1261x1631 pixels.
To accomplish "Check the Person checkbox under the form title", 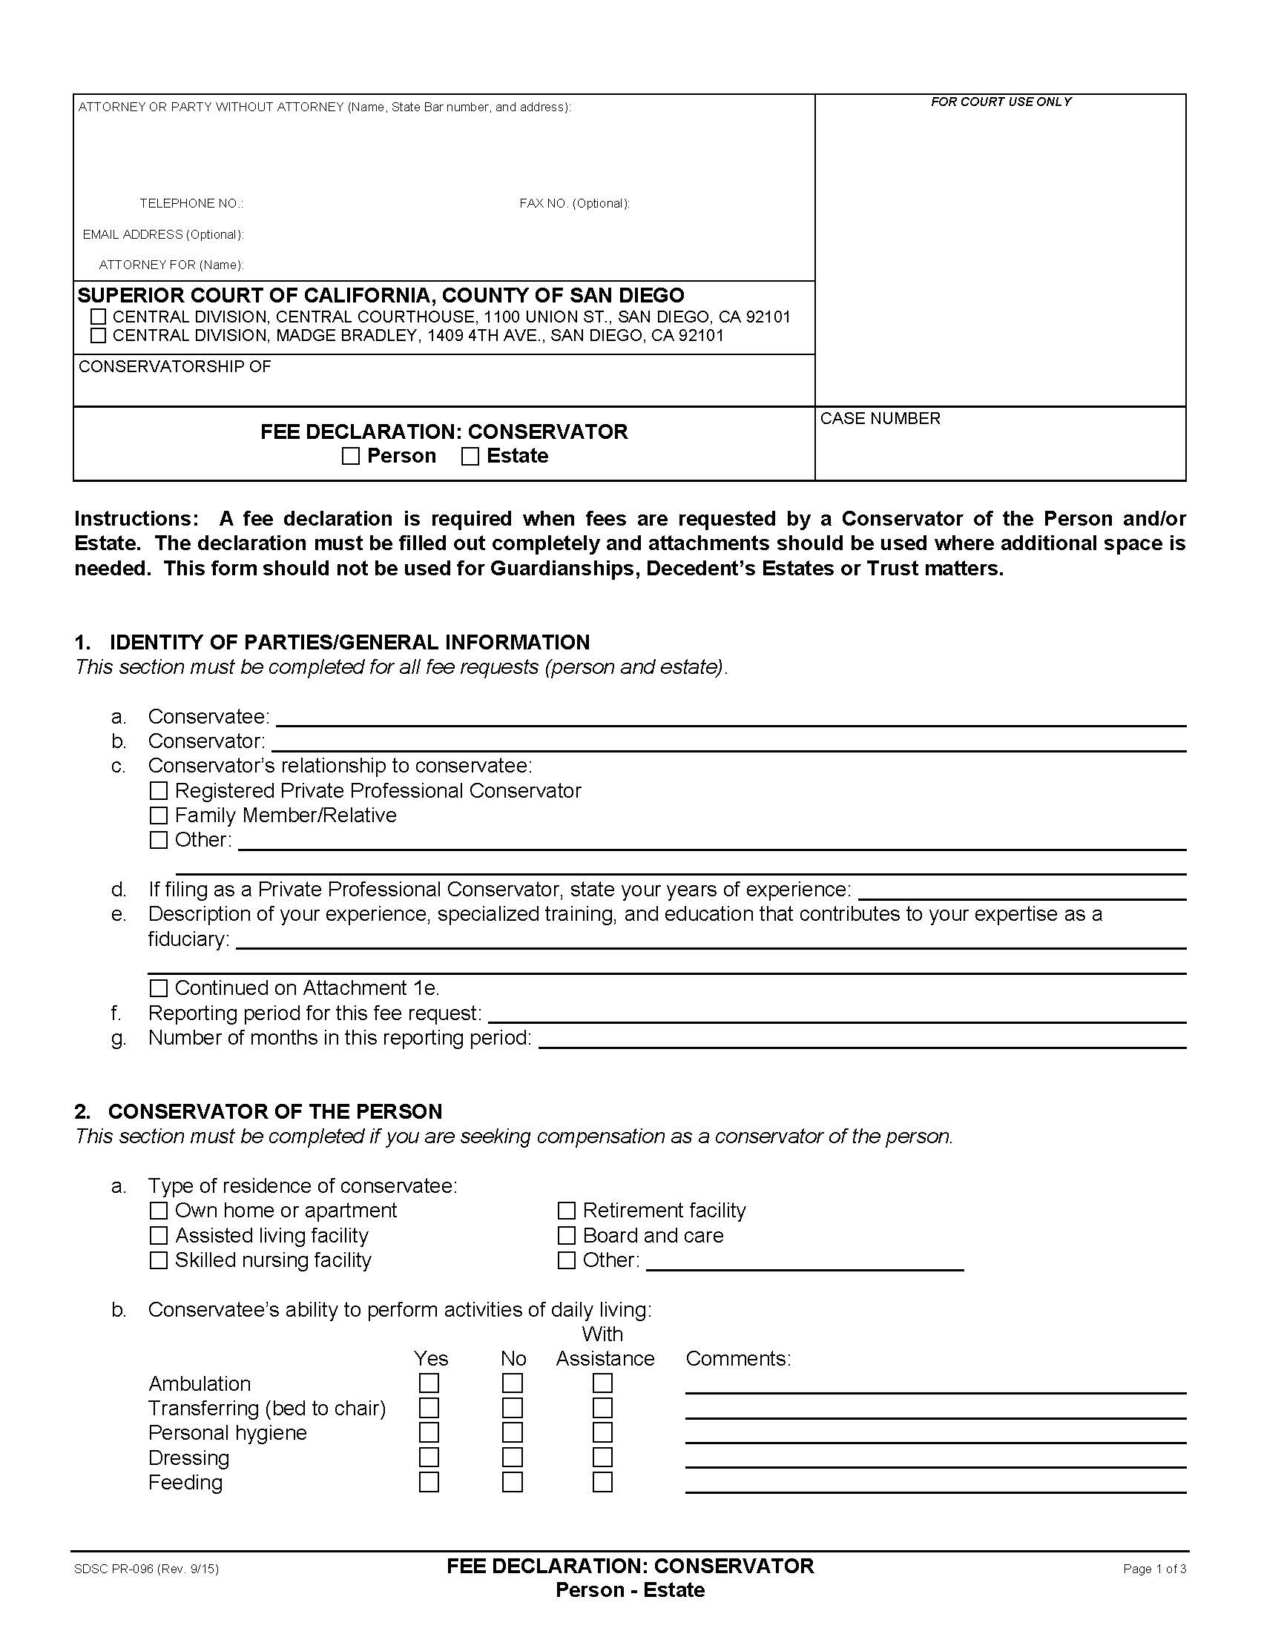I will (350, 456).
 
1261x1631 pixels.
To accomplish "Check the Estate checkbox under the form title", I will (470, 456).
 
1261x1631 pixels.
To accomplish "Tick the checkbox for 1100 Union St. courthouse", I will (98, 317).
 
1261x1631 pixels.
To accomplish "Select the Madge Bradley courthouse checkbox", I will (98, 336).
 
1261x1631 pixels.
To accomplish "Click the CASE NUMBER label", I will (879, 419).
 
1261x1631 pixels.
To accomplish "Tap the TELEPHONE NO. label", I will (191, 204).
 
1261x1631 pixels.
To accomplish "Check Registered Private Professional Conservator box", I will (159, 791).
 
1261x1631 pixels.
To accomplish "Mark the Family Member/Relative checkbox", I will (159, 815).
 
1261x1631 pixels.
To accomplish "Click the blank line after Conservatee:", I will (730, 718).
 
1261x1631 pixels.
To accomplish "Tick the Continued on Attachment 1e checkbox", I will (159, 989).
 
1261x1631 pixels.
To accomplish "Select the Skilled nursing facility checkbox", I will (159, 1260).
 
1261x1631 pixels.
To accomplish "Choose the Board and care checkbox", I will (566, 1236).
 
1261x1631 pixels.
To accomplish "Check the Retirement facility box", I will (566, 1211).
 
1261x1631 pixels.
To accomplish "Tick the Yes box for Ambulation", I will (429, 1384).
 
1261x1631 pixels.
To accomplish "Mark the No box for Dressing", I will (512, 1458).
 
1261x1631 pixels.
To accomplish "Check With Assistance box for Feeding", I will (602, 1483).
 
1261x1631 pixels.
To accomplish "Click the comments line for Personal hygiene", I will (935, 1435).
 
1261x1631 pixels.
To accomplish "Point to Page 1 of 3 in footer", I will (1153, 1569).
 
